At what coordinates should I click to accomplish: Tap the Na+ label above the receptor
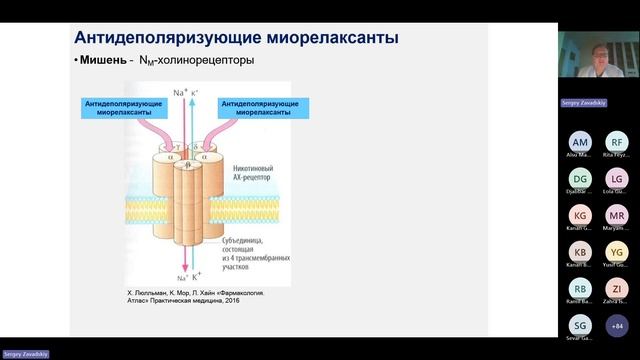point(181,92)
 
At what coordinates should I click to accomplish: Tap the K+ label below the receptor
point(200,275)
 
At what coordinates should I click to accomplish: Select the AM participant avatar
point(581,143)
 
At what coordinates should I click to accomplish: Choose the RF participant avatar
point(616,143)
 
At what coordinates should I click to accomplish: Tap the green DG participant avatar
point(581,179)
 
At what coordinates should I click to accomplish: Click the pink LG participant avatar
point(616,179)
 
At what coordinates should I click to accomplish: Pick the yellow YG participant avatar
point(616,252)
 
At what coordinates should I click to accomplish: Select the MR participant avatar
point(616,215)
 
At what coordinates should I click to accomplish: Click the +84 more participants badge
point(616,325)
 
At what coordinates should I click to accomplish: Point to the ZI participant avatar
point(616,289)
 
